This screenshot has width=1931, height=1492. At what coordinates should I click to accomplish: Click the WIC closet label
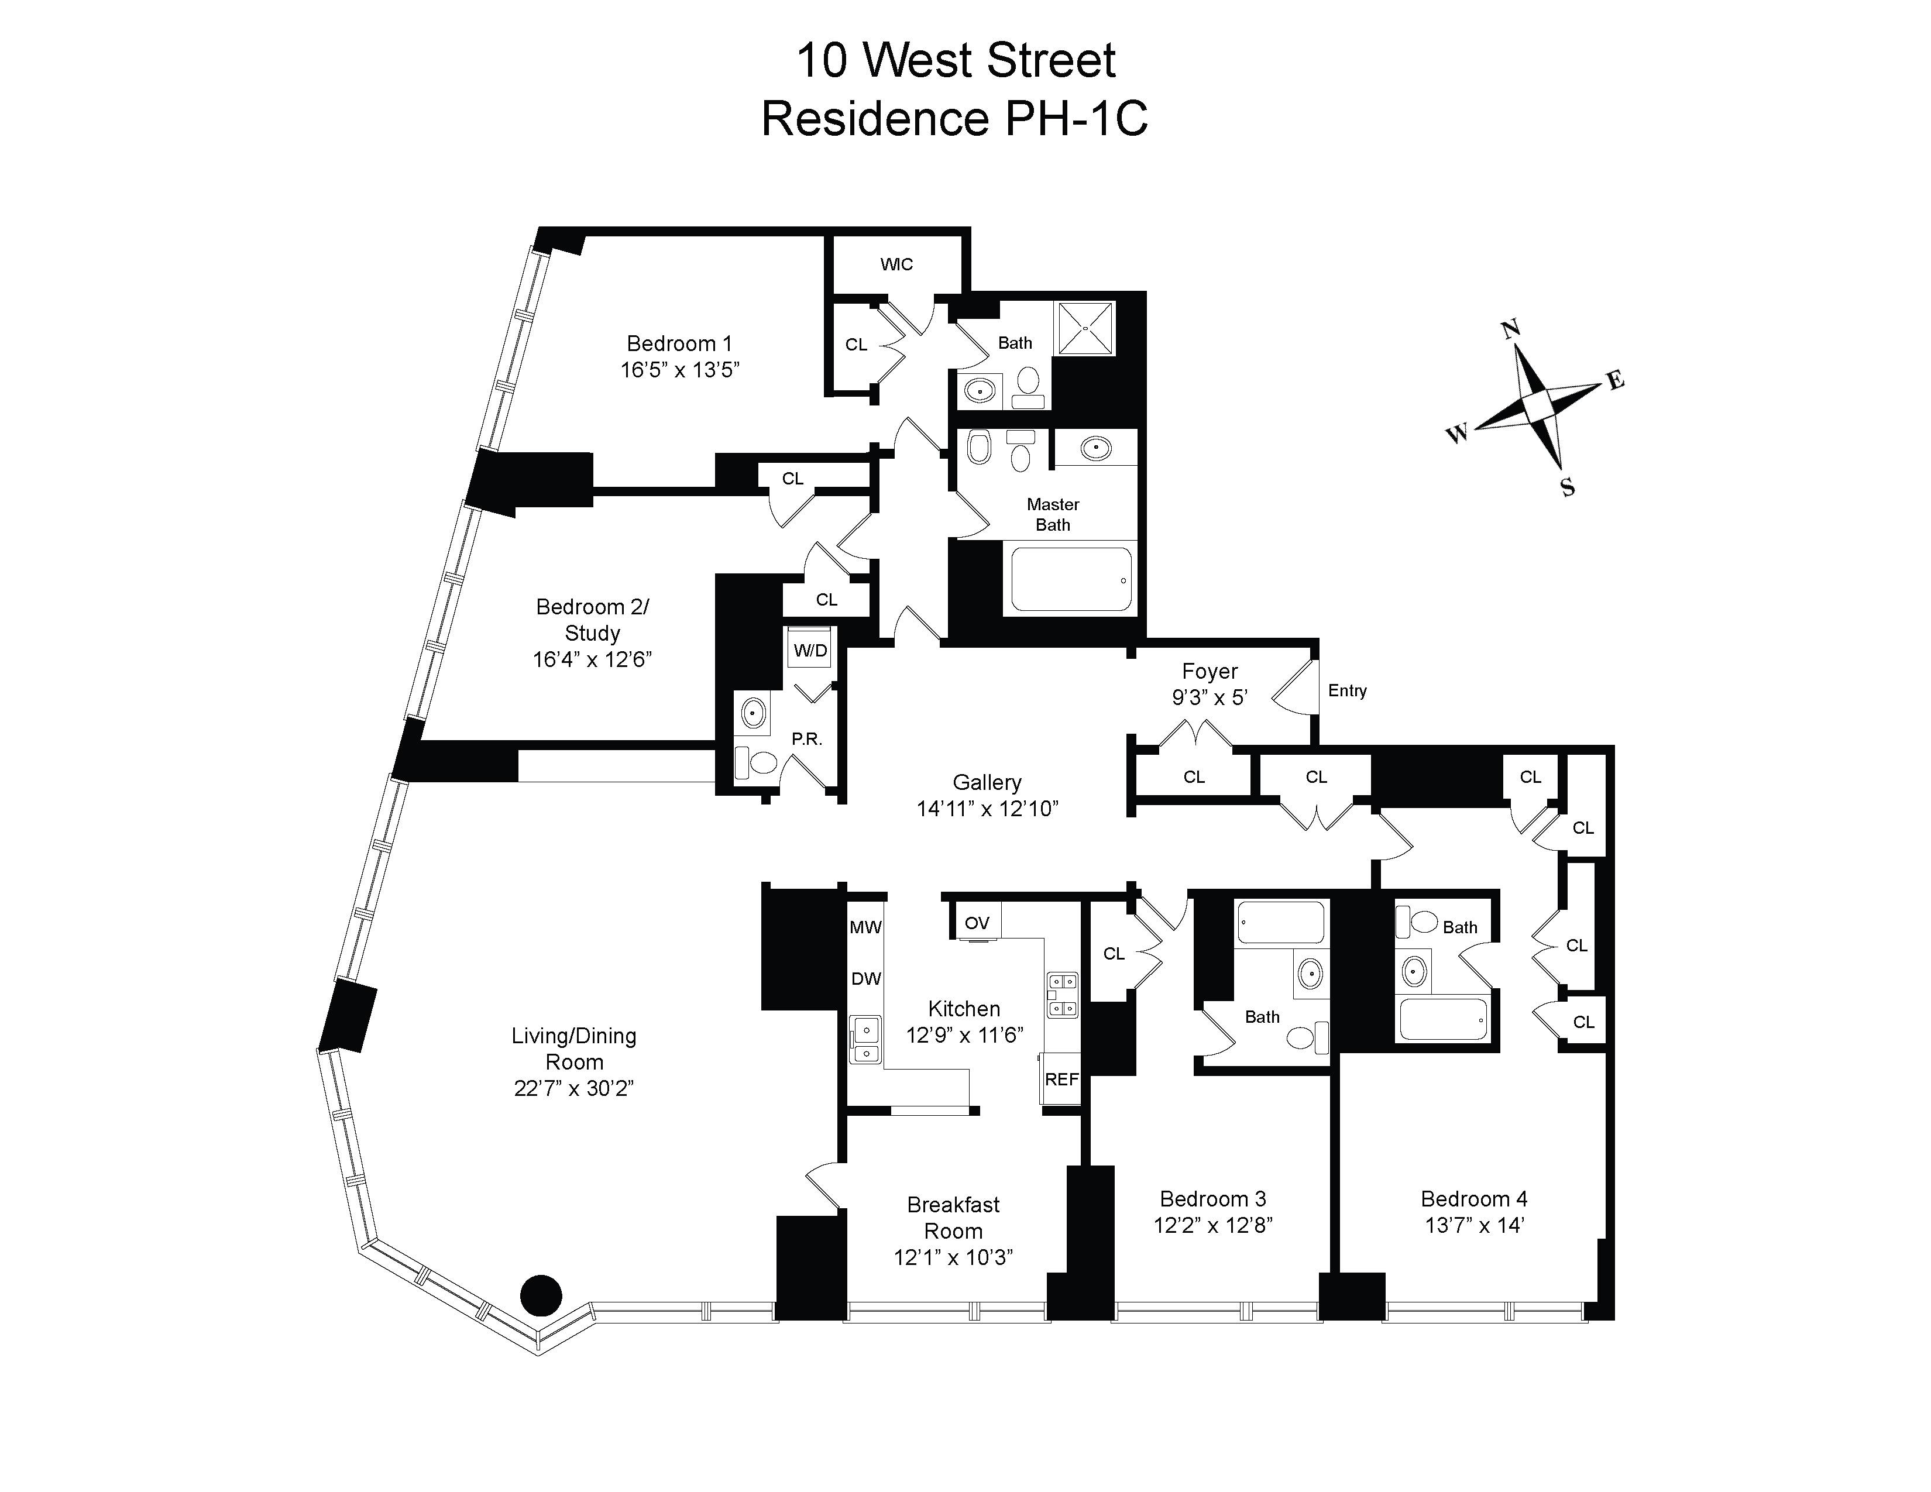(896, 264)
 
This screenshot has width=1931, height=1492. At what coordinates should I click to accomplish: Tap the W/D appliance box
(810, 651)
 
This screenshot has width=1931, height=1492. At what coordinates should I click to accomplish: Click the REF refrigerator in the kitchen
(1061, 1080)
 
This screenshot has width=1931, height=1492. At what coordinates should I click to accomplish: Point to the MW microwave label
(865, 927)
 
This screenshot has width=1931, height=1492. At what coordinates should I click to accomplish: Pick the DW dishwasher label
(865, 978)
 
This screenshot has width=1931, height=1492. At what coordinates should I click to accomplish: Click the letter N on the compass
(1511, 329)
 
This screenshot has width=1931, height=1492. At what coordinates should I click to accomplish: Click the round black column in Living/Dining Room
(541, 1297)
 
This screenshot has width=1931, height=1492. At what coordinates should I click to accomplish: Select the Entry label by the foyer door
(1346, 690)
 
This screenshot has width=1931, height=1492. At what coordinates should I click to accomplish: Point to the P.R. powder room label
(806, 739)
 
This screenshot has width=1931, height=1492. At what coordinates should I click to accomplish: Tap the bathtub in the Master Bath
(1071, 580)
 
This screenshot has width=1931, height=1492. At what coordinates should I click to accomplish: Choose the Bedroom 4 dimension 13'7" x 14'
(1474, 1225)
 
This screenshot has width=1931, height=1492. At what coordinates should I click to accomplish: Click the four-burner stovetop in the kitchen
(1062, 994)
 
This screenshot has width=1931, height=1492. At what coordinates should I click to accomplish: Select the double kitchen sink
(865, 1040)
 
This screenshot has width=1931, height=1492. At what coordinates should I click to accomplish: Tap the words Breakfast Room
(953, 1217)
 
